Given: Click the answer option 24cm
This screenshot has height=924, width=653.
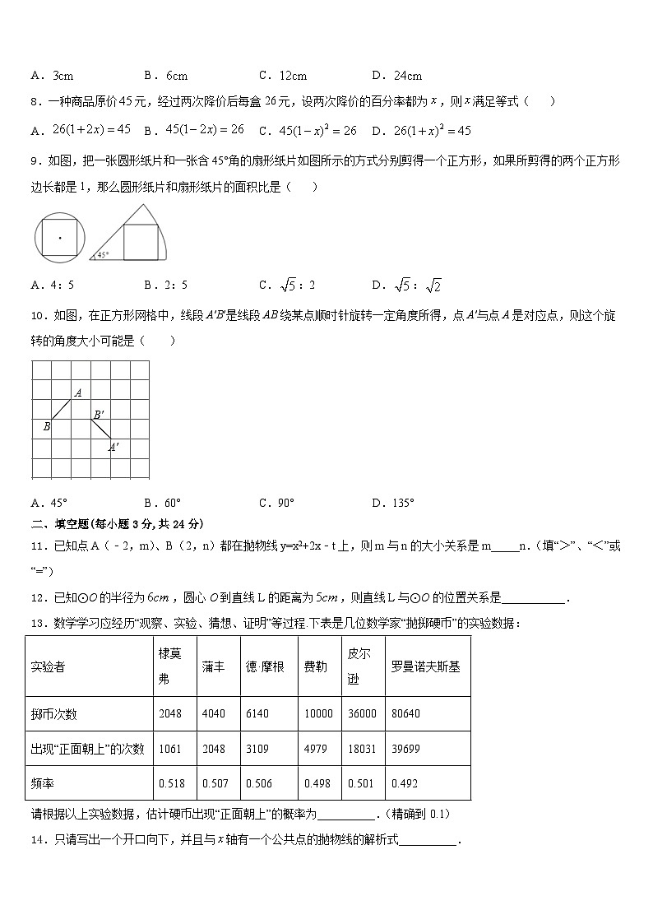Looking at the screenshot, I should [x=404, y=76].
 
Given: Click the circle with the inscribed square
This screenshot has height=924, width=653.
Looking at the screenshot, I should [x=60, y=237].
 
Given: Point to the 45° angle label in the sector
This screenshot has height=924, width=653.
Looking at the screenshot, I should [x=103, y=254].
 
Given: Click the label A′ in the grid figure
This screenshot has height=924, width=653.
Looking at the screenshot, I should [x=114, y=447].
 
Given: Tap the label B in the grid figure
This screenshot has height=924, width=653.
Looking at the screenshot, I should [x=47, y=426].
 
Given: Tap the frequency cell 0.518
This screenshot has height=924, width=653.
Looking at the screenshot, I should [x=170, y=783].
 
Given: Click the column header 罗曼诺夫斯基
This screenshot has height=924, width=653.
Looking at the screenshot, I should [x=425, y=666].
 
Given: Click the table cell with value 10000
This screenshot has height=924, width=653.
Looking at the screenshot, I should [x=318, y=713].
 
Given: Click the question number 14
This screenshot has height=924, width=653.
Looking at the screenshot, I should [x=38, y=840].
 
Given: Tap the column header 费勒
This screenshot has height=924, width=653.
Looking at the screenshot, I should [x=315, y=666].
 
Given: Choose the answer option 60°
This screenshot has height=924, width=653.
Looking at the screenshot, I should [x=171, y=503].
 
